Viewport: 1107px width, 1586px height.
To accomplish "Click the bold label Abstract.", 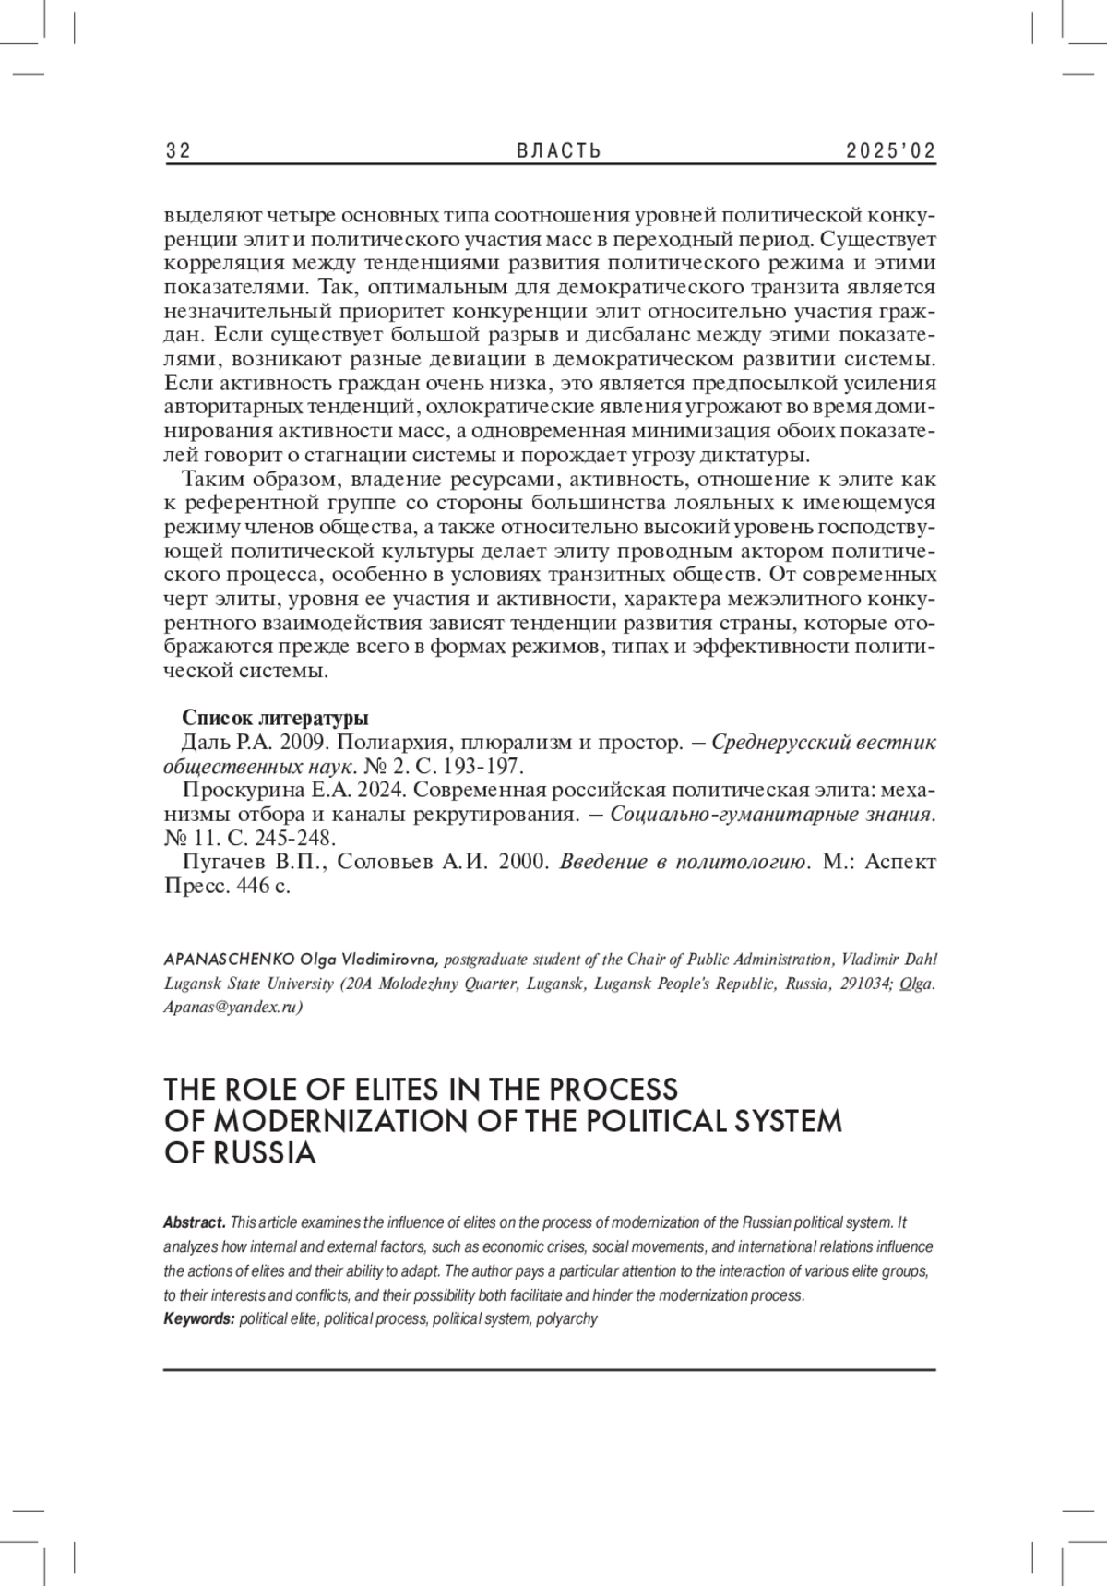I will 195,1223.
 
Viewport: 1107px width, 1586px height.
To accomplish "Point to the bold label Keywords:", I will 199,1319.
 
